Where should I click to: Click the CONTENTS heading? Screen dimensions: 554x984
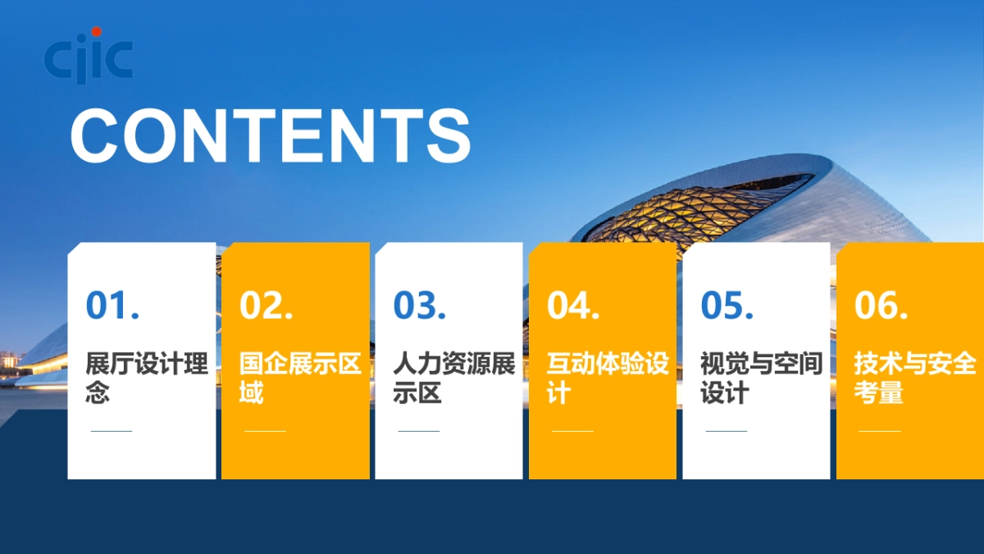pyautogui.click(x=271, y=135)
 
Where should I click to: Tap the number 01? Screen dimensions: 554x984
pyautogui.click(x=112, y=305)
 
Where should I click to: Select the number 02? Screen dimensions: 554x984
pyautogui.click(x=266, y=305)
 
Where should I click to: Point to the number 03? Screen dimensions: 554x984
pyautogui.click(x=420, y=305)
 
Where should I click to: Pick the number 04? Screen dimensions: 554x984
pyautogui.click(x=573, y=305)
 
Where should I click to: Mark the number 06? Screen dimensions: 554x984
pyautogui.click(x=881, y=305)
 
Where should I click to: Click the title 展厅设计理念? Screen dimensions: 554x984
pyautogui.click(x=147, y=378)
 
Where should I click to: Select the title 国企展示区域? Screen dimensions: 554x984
pyautogui.click(x=300, y=378)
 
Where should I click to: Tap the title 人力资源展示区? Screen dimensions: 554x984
pyautogui.click(x=453, y=378)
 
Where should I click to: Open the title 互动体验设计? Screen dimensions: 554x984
pyautogui.click(x=608, y=378)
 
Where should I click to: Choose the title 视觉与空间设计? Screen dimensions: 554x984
pyautogui.click(x=761, y=378)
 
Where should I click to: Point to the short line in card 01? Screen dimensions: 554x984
pyautogui.click(x=111, y=431)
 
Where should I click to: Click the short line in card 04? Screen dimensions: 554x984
pyautogui.click(x=572, y=431)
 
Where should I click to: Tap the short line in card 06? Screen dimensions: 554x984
pyautogui.click(x=879, y=431)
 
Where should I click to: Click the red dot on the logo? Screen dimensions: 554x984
pyautogui.click(x=97, y=32)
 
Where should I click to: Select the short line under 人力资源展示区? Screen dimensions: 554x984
pyautogui.click(x=418, y=431)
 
